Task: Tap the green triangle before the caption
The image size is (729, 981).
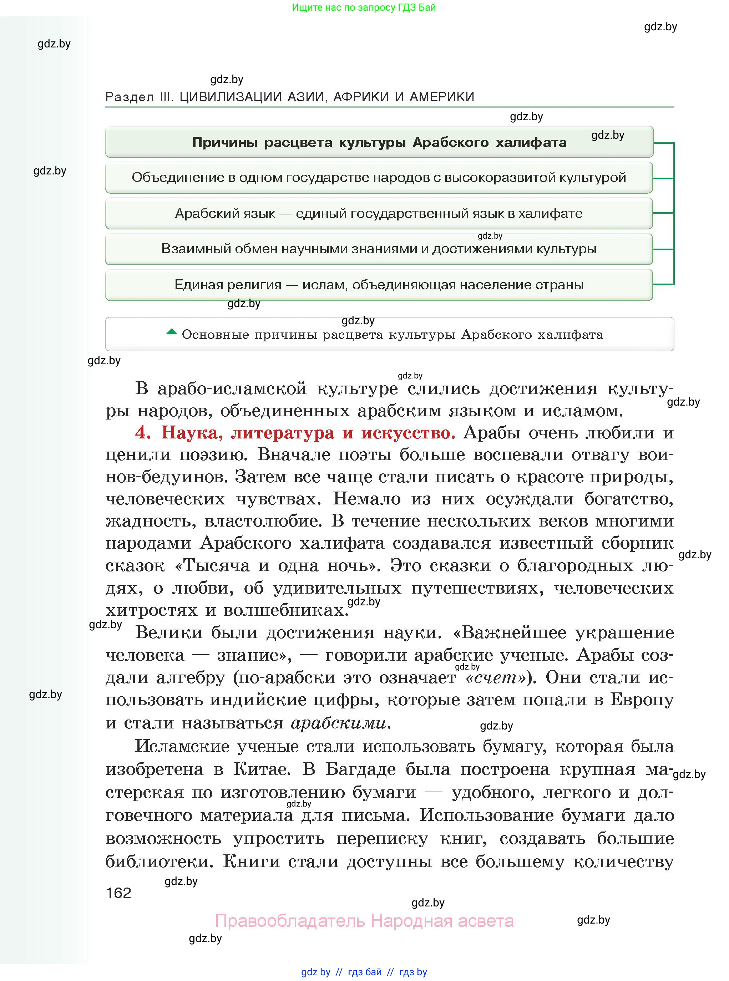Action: (171, 332)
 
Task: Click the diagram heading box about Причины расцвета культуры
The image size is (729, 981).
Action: (379, 142)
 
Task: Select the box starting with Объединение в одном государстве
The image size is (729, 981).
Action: (379, 177)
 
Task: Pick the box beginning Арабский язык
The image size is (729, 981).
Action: (379, 213)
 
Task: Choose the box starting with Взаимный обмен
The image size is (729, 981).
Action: (379, 249)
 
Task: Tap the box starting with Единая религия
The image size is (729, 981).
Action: (379, 285)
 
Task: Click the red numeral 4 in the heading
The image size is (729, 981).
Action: (142, 433)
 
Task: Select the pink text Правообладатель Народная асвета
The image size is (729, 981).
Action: (364, 921)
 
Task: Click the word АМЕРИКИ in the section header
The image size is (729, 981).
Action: (442, 97)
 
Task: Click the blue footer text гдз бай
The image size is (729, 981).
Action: (365, 972)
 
